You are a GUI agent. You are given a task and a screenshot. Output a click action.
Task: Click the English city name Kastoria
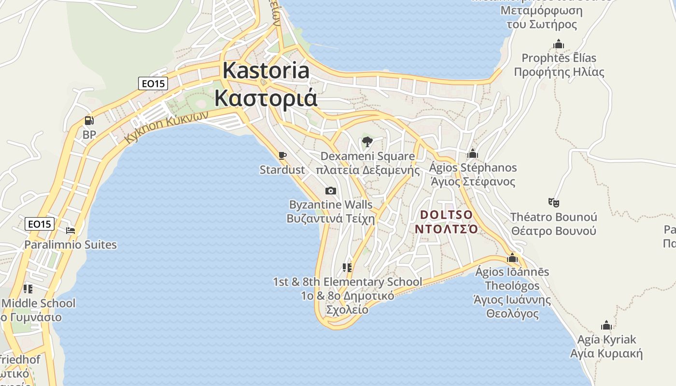[266, 70]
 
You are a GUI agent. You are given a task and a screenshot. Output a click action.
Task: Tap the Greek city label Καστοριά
[266, 98]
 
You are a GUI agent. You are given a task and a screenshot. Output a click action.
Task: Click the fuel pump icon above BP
[89, 121]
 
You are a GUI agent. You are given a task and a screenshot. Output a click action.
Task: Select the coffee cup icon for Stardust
[282, 155]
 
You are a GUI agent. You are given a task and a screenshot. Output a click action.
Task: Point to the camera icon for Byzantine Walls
[331, 191]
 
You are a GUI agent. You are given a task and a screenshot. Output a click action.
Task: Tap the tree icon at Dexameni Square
[367, 142]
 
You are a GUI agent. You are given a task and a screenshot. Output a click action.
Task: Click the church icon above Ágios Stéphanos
[472, 154]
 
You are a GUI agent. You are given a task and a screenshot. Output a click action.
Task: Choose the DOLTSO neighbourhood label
[447, 214]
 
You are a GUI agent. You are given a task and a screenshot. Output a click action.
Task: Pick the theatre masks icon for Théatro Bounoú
[553, 202]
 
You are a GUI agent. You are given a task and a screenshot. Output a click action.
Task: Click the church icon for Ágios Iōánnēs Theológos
[512, 258]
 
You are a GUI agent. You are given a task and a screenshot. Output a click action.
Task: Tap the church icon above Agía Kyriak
[606, 325]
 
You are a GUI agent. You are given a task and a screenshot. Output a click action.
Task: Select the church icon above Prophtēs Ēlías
[559, 44]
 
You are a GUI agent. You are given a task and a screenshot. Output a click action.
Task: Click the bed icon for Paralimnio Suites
[70, 230]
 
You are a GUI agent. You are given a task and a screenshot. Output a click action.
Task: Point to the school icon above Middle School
[28, 289]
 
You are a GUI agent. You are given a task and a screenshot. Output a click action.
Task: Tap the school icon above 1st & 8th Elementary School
[347, 267]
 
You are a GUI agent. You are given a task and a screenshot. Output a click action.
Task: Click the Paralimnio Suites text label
[70, 245]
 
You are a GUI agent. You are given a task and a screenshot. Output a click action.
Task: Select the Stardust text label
[282, 170]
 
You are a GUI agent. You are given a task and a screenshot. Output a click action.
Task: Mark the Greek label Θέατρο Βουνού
[553, 231]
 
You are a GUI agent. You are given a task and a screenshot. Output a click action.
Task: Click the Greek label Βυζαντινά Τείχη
[331, 218]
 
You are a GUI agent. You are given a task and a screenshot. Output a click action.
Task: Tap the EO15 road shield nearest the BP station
[154, 83]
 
